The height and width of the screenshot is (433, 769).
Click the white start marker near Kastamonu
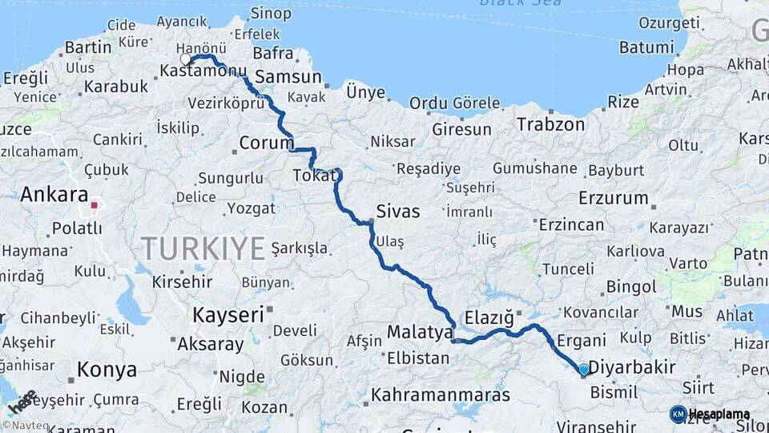click(186, 59)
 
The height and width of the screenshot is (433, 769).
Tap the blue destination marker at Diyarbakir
click(584, 370)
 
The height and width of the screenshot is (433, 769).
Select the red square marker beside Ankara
click(94, 205)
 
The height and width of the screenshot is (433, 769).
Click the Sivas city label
click(397, 212)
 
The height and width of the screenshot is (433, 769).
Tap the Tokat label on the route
click(312, 175)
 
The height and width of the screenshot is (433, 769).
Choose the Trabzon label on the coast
click(551, 124)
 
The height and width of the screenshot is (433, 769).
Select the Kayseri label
click(227, 315)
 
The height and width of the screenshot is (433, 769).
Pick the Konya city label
click(107, 370)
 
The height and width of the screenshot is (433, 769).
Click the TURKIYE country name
click(203, 249)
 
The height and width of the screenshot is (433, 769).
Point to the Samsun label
click(287, 78)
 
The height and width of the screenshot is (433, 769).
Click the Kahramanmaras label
click(441, 395)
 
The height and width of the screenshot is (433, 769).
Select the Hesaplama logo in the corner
click(710, 414)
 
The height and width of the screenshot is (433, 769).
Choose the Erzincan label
click(571, 225)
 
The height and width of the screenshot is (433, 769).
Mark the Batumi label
click(646, 47)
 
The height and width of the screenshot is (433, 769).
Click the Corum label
click(267, 144)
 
